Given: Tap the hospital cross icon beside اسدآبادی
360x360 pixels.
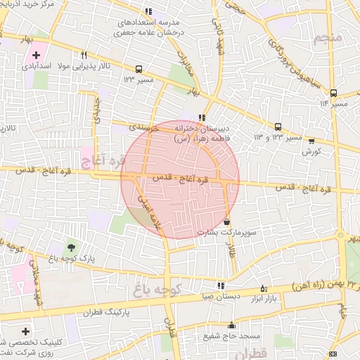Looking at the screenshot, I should (36, 55).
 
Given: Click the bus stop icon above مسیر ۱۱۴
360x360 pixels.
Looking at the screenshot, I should (333, 92).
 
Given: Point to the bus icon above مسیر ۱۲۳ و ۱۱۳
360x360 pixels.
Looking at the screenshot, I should (278, 127).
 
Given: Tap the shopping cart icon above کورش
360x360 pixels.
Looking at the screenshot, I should (311, 141).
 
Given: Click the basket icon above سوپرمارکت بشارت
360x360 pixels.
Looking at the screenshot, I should (226, 222).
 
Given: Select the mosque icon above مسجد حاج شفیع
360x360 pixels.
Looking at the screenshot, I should (231, 325).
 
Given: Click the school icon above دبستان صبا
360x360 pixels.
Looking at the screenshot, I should (221, 285).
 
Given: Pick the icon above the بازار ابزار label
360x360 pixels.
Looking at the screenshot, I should (264, 288).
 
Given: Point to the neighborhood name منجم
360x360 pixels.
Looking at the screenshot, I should (329, 36).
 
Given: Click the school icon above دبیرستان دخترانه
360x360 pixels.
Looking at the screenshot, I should (202, 118).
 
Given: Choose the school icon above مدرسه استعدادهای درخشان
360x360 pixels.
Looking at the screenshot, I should (148, 12).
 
